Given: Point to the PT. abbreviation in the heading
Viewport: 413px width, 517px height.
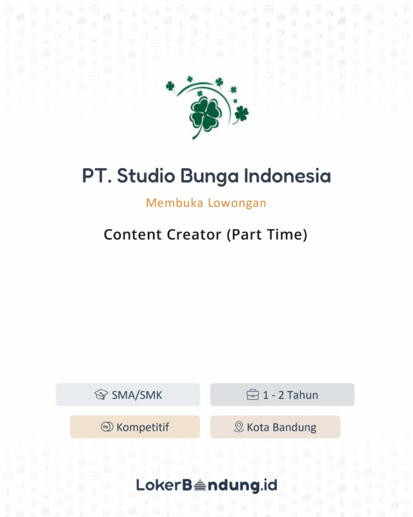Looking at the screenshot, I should [x=96, y=176].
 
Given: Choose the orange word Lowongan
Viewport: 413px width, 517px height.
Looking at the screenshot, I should [x=236, y=204].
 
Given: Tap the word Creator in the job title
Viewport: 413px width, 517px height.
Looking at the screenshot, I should [x=191, y=235].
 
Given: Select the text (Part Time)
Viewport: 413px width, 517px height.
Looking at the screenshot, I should [x=267, y=235].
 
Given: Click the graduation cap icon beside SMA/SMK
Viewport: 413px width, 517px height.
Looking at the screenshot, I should [x=101, y=395].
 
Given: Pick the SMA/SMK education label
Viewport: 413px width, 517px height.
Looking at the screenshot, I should [x=137, y=395].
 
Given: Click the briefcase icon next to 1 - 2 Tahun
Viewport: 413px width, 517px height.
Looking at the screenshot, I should [x=252, y=395].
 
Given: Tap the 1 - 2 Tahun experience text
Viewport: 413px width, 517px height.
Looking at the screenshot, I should [x=290, y=395].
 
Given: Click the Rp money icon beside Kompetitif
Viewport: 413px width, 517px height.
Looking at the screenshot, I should [x=107, y=427].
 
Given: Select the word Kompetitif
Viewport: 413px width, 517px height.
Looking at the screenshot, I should [x=143, y=427].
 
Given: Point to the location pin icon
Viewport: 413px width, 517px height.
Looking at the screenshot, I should [x=238, y=427].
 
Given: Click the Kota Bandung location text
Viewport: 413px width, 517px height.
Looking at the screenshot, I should [x=281, y=427].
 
